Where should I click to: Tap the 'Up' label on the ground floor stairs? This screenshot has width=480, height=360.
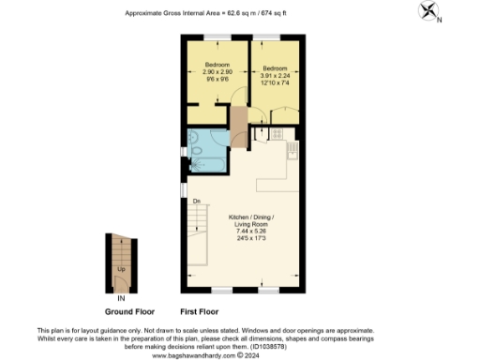tap(122, 270)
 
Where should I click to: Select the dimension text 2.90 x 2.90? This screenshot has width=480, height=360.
tap(217, 72)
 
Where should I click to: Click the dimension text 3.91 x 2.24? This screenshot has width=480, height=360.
tap(275, 77)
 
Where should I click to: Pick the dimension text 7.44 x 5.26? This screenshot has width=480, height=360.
tap(248, 231)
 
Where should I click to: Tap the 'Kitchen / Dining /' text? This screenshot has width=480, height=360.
tap(248, 217)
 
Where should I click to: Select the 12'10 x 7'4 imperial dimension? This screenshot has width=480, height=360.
tap(275, 83)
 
